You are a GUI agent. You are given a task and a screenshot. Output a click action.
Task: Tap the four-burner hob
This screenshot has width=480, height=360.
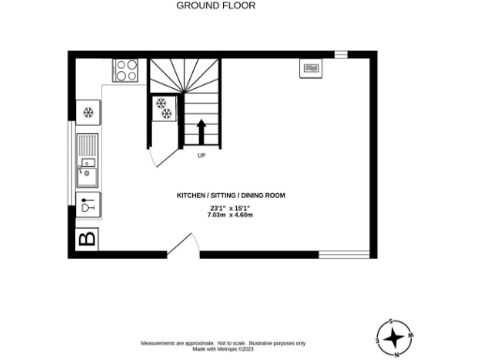pyautogui.click(x=127, y=68)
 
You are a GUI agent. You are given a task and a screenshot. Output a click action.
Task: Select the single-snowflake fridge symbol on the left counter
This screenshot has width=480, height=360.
pyautogui.click(x=89, y=112)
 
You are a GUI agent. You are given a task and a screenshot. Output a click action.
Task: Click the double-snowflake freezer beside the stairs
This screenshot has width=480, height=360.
pyautogui.click(x=163, y=109)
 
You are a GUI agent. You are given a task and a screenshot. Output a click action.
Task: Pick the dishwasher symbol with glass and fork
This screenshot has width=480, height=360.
pyautogui.click(x=88, y=204)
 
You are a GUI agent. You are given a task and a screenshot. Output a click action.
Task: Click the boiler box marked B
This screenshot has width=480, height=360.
pyautogui.click(x=86, y=240)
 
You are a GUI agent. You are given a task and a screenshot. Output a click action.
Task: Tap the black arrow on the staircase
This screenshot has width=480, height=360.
pyautogui.click(x=200, y=130)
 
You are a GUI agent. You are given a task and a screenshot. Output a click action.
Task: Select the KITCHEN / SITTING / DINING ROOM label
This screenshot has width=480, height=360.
pyautogui.click(x=231, y=195)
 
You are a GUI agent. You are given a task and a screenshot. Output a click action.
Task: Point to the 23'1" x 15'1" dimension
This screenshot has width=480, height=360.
pyautogui.click(x=231, y=207)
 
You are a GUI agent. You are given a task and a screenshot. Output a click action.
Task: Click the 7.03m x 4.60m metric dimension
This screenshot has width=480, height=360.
pyautogui.click(x=231, y=215)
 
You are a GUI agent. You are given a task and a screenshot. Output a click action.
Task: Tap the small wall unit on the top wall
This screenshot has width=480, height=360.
pyautogui.click(x=310, y=67)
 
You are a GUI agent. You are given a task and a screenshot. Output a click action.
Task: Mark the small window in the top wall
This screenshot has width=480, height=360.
pyautogui.click(x=340, y=54)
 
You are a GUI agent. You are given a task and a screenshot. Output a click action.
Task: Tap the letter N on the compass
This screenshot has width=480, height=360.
pyautogui.click(x=396, y=354)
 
